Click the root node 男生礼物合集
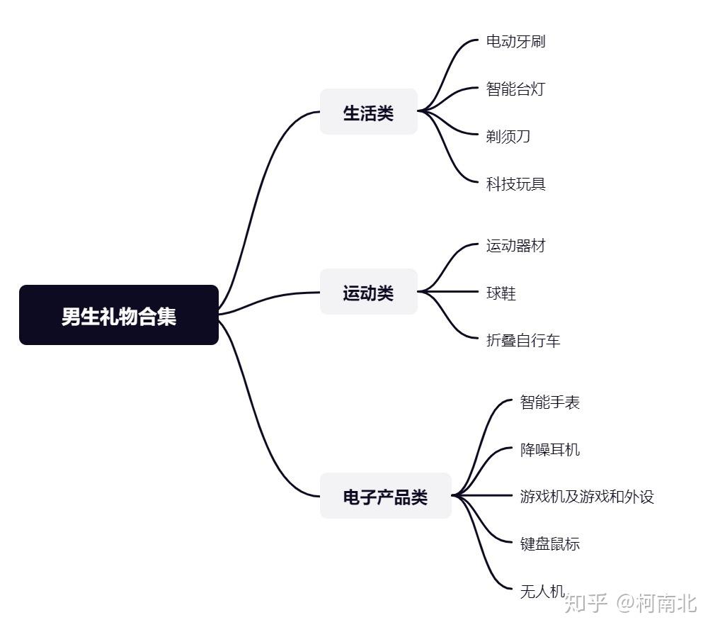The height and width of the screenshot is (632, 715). pos(119,315)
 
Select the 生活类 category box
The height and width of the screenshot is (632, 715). pos(368,111)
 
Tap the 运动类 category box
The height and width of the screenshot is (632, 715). pos(368,292)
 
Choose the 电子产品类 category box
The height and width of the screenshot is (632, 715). pos(386,495)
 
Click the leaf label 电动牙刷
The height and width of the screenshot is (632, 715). pos(516,42)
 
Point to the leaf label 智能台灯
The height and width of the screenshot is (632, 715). pos(516,89)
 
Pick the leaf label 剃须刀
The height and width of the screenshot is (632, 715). pos(508,136)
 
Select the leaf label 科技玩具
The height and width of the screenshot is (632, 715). pos(516,184)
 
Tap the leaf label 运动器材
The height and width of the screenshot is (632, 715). pos(516,246)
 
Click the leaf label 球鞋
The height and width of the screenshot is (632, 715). pos(500,293)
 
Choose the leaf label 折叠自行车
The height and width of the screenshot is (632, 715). pos(523,340)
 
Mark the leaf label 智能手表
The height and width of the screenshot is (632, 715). pos(550,402)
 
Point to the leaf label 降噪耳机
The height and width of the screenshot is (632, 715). pos(550,450)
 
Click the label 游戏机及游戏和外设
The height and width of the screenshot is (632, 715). pos(588,497)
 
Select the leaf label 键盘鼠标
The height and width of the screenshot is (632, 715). pos(550,544)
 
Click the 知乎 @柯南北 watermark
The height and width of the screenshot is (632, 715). pos(631,603)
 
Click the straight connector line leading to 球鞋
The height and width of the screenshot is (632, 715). pos(448,292)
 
